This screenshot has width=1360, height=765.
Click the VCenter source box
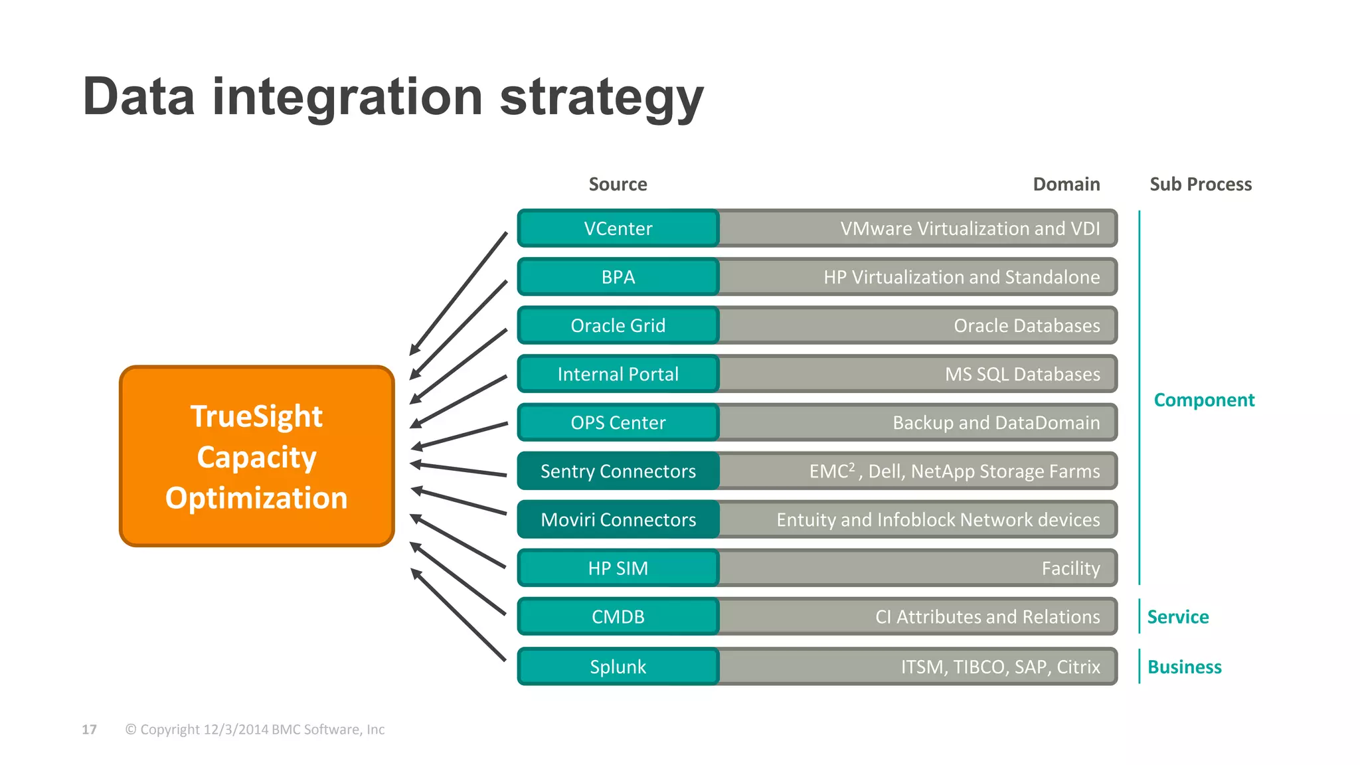pyautogui.click(x=618, y=228)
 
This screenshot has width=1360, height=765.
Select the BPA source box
pyautogui.click(x=618, y=277)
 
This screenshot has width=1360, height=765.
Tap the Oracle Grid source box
pyautogui.click(x=618, y=325)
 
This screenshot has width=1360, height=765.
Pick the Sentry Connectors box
pyautogui.click(x=618, y=471)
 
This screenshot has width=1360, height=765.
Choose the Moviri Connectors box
pyautogui.click(x=618, y=519)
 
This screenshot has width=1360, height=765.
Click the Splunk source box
pyautogui.click(x=618, y=666)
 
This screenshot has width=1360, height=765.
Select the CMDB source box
pyautogui.click(x=618, y=616)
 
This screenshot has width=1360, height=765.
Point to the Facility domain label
pyautogui.click(x=1070, y=568)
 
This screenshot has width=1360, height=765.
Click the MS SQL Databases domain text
pyautogui.click(x=1022, y=374)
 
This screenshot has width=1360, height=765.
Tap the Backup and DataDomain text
pyautogui.click(x=995, y=422)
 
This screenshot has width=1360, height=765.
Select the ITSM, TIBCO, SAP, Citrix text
pyautogui.click(x=1000, y=666)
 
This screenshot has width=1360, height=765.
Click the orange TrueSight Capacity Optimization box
pyautogui.click(x=257, y=456)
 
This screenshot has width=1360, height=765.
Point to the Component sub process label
pyautogui.click(x=1203, y=400)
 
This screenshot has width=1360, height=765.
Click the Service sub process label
pyautogui.click(x=1177, y=617)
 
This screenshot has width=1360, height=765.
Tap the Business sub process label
pyautogui.click(x=1184, y=667)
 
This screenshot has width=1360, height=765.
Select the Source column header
pyautogui.click(x=618, y=184)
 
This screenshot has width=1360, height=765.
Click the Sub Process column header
pyautogui.click(x=1200, y=184)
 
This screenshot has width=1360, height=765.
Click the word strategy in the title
pyautogui.click(x=601, y=98)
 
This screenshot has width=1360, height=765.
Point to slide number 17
pyautogui.click(x=89, y=729)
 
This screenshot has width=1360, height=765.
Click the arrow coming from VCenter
pyautogui.click(x=458, y=293)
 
